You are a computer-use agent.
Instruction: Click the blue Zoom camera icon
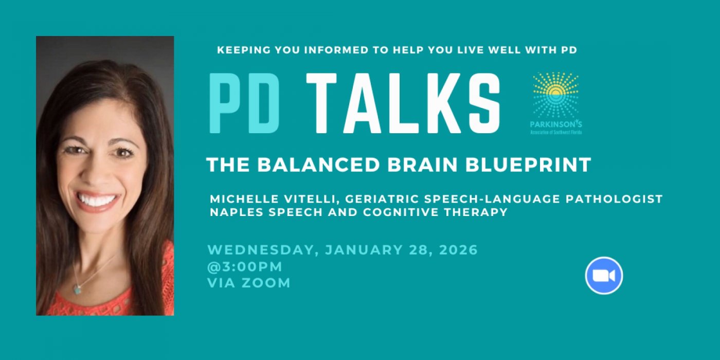click(x=604, y=276)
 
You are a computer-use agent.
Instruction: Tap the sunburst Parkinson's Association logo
click(x=555, y=96)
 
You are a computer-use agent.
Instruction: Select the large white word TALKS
click(x=403, y=104)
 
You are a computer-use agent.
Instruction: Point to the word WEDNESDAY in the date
click(x=263, y=250)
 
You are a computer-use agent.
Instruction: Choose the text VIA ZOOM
click(x=249, y=283)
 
